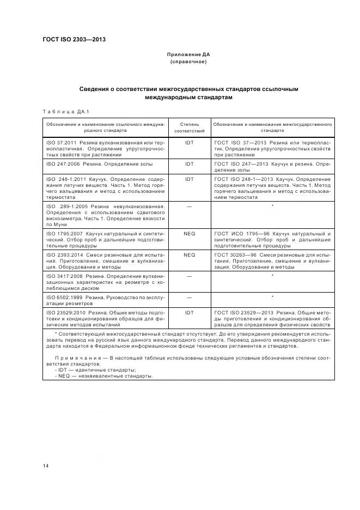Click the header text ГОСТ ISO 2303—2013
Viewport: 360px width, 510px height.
tap(74, 40)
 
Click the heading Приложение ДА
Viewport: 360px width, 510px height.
tap(188, 55)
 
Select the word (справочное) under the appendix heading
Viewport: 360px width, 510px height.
tap(188, 62)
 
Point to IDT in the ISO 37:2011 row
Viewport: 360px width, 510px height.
tap(189, 142)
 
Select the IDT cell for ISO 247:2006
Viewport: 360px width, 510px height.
tap(189, 163)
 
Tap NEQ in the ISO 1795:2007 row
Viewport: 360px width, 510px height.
tap(189, 233)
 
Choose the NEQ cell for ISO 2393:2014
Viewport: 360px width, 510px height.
tap(189, 254)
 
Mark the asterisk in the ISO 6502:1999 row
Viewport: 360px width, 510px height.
tap(272, 297)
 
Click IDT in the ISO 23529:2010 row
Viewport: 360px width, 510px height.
tap(189, 313)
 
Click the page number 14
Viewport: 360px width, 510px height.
tap(46, 466)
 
